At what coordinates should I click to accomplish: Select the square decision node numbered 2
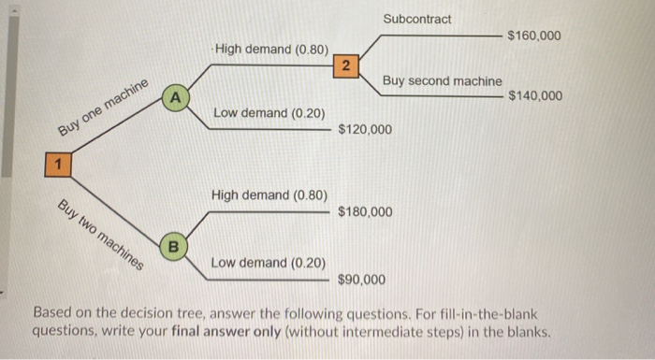click(x=345, y=65)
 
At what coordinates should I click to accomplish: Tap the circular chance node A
click(x=174, y=96)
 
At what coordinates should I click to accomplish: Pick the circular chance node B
click(x=173, y=247)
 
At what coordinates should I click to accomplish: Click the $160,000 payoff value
click(x=533, y=36)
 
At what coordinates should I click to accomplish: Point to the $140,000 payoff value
click(x=535, y=95)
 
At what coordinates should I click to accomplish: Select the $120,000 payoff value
click(x=364, y=128)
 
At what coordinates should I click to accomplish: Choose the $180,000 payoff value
click(x=365, y=212)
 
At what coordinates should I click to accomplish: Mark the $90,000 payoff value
click(x=361, y=280)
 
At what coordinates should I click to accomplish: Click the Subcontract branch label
click(x=416, y=19)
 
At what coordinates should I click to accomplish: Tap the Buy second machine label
click(x=442, y=81)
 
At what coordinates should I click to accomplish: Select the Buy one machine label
click(x=103, y=108)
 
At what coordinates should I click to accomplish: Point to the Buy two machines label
click(x=101, y=234)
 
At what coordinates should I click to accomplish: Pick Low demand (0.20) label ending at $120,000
click(x=269, y=113)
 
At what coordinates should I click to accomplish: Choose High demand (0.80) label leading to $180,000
click(x=269, y=195)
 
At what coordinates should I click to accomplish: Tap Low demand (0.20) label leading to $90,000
click(x=269, y=263)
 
